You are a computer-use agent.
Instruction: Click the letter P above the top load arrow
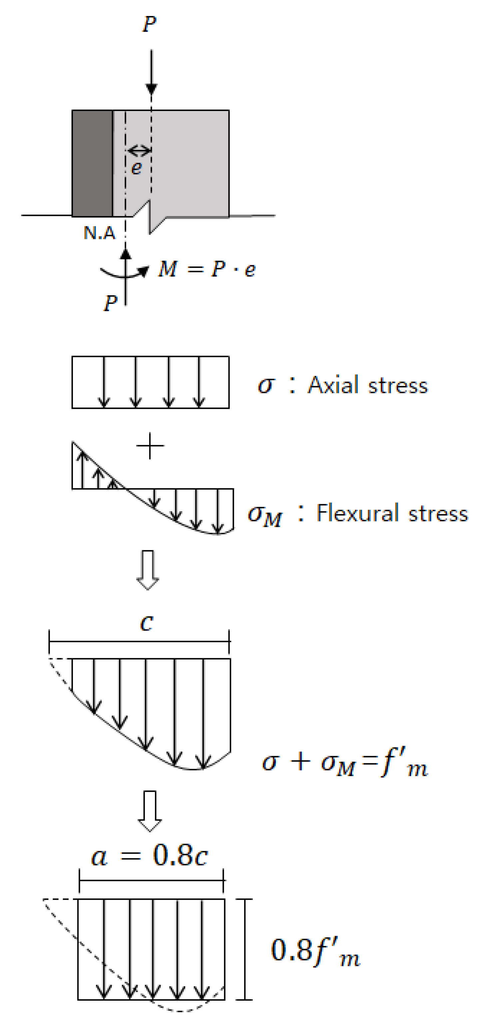[x=149, y=24]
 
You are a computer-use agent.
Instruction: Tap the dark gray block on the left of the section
[x=92, y=163]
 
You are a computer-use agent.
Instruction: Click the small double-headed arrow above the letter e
[x=139, y=151]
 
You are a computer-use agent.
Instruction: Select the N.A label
[x=100, y=233]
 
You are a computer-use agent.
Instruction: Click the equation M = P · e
[x=207, y=269]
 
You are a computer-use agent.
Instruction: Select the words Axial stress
[x=367, y=386]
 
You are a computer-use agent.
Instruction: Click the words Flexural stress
[x=392, y=513]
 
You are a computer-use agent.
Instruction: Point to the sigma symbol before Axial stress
[x=266, y=386]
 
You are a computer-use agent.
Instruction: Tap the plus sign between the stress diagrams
[x=150, y=446]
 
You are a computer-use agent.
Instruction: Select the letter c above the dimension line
[x=147, y=623]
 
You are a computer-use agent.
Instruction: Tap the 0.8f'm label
[x=315, y=951]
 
